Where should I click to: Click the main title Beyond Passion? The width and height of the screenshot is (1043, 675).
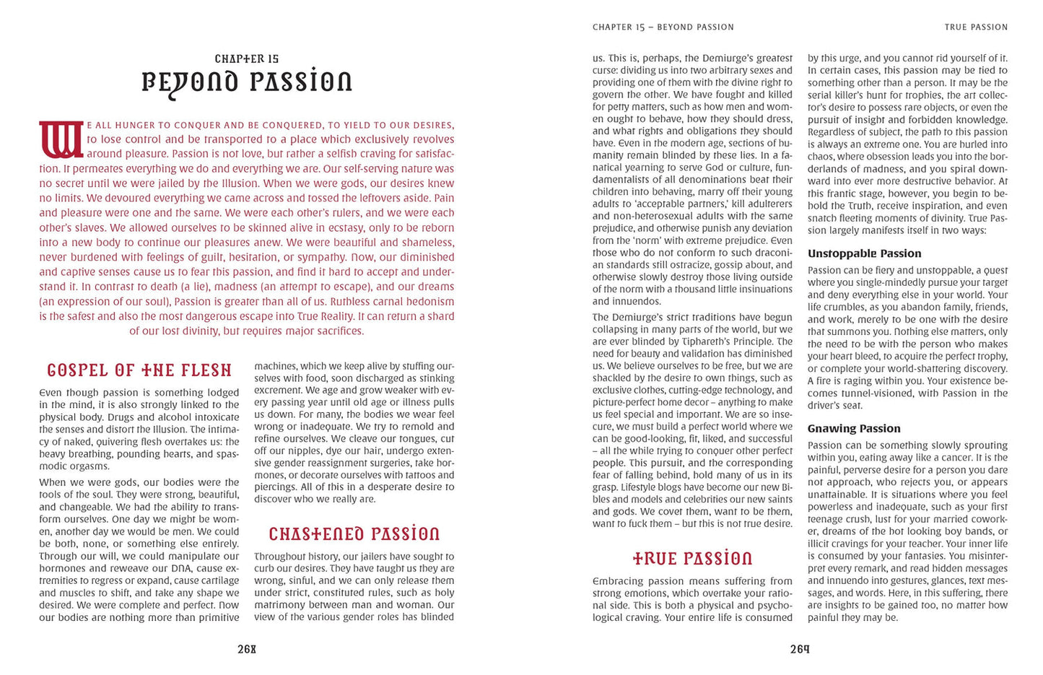(247, 82)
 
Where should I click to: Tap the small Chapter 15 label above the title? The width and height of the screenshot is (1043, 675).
(247, 58)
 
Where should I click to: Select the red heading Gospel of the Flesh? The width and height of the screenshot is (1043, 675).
(139, 370)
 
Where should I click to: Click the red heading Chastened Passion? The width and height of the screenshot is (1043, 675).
(354, 534)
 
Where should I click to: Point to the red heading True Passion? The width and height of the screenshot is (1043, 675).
(692, 559)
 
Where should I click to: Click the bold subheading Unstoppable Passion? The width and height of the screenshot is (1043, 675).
(864, 253)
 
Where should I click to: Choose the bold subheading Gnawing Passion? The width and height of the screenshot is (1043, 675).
(854, 428)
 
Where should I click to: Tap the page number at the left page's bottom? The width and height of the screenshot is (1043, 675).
(247, 649)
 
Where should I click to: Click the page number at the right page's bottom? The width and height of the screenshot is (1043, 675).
(800, 649)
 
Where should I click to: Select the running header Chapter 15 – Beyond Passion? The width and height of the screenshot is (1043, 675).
(663, 27)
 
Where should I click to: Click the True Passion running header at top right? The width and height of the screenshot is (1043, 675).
(976, 27)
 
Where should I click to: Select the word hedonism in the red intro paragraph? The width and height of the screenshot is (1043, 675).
(430, 301)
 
